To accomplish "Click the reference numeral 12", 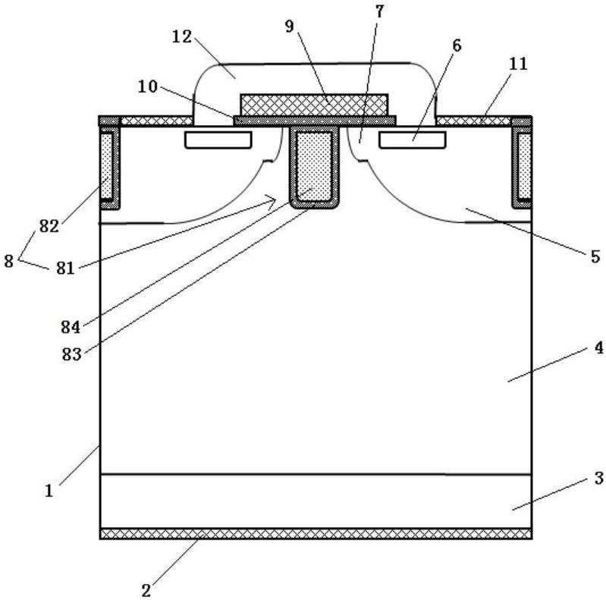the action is [182, 37].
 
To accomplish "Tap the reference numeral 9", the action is [290, 27].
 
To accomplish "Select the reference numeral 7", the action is [379, 11].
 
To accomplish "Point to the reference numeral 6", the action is [457, 46].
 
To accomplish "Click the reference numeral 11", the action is [518, 64].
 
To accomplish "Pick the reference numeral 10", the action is [148, 86].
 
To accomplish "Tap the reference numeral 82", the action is [49, 226].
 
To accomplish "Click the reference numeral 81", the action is [65, 268].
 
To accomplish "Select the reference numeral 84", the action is [71, 328].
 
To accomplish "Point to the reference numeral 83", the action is [72, 354].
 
